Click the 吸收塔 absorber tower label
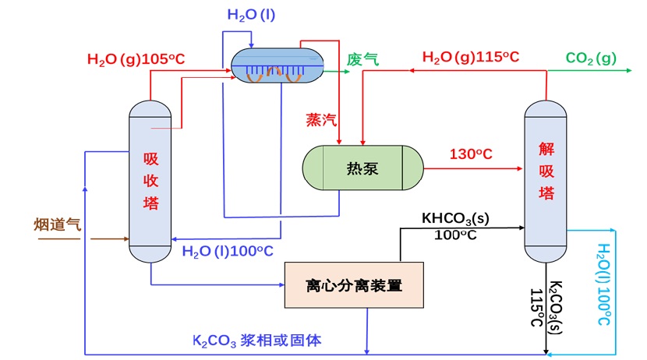pyautogui.click(x=150, y=181)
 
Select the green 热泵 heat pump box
pyautogui.click(x=362, y=168)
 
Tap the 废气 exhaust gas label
pyautogui.click(x=362, y=59)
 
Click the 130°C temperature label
pyautogui.click(x=471, y=154)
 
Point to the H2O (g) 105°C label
pyautogui.click(x=136, y=58)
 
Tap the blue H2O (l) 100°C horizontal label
pyautogui.click(x=228, y=251)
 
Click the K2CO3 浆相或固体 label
pyautogui.click(x=258, y=340)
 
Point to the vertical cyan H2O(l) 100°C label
pyautogui.click(x=604, y=284)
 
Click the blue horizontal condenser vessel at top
pyautogui.click(x=278, y=64)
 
